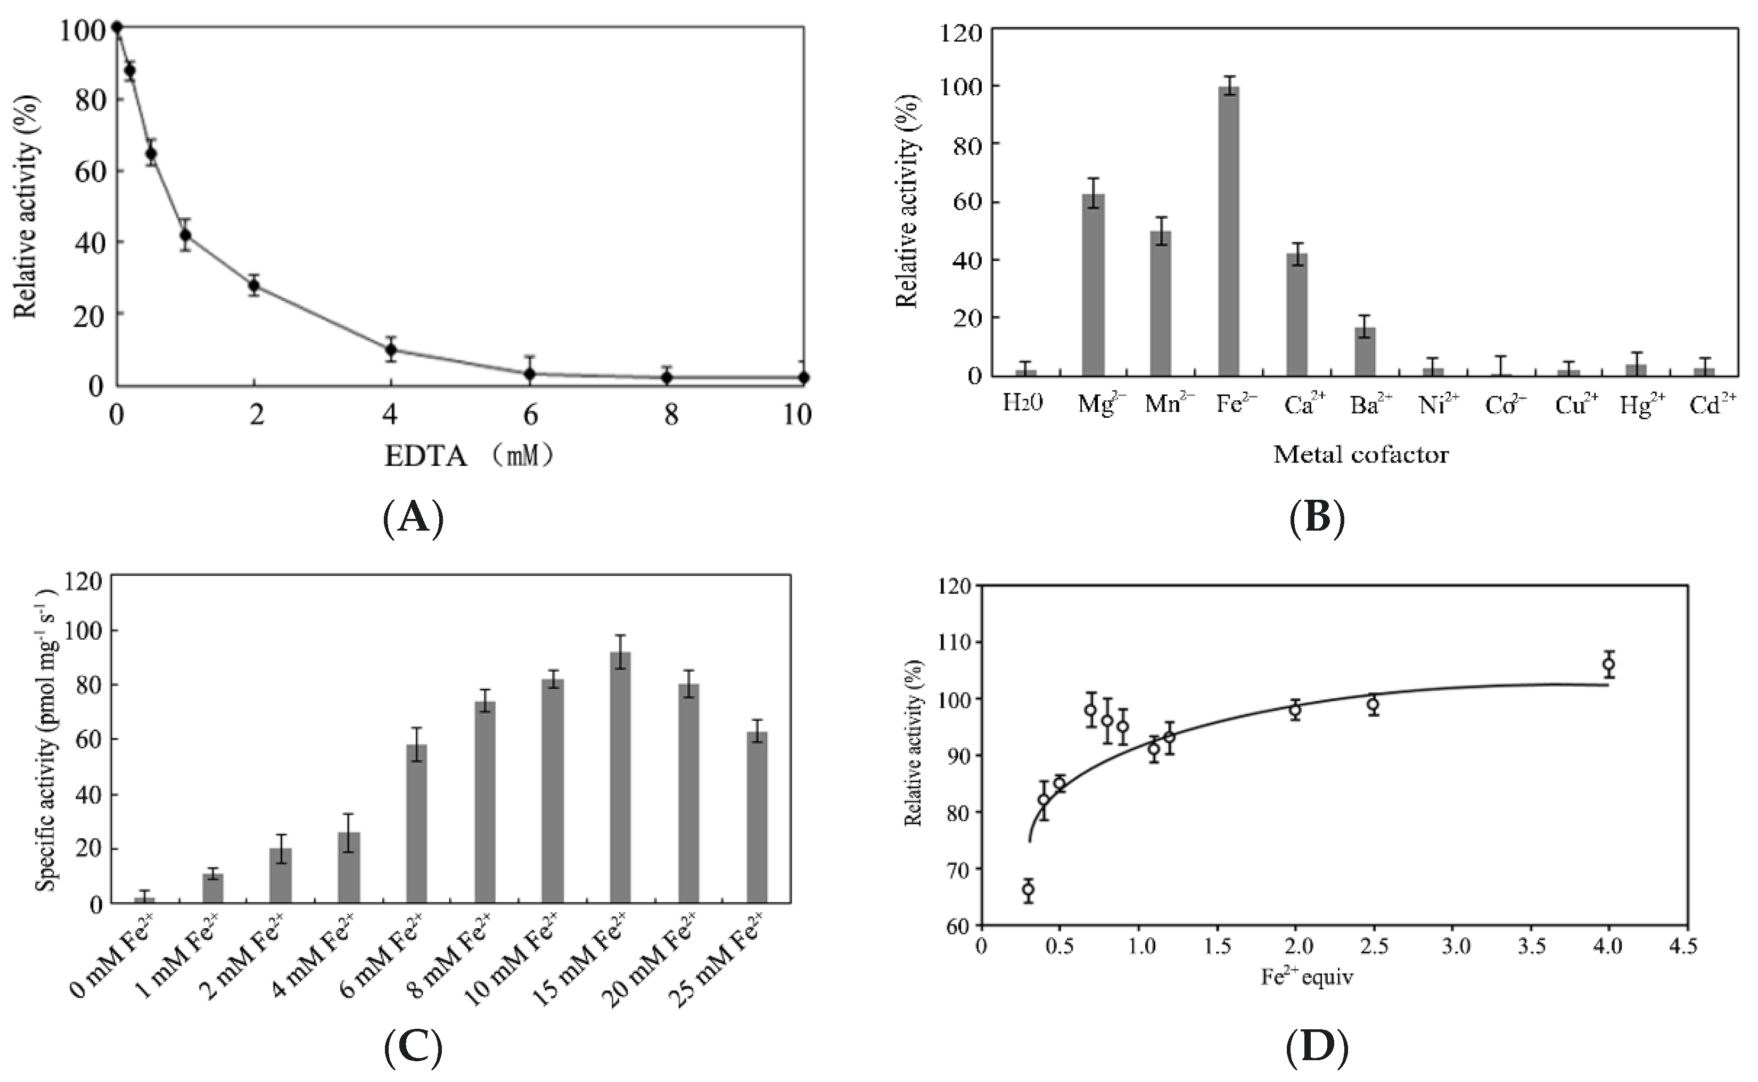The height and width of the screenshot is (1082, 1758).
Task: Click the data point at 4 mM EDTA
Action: click(x=391, y=350)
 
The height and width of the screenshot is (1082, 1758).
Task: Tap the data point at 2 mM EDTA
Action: click(x=253, y=285)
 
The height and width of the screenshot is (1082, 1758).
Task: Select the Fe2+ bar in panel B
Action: click(x=1228, y=231)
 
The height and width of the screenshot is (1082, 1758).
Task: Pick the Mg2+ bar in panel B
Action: click(x=1093, y=285)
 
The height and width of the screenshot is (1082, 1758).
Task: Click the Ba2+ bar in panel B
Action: click(x=1365, y=351)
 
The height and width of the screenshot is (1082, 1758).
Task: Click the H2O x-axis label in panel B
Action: click(x=1023, y=404)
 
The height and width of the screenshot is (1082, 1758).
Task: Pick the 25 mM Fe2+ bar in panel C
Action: click(x=757, y=817)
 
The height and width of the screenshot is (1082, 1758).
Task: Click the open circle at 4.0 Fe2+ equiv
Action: click(x=1608, y=664)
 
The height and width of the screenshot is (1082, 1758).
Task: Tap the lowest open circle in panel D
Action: click(x=1028, y=889)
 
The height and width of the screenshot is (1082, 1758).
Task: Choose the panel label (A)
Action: click(x=413, y=519)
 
